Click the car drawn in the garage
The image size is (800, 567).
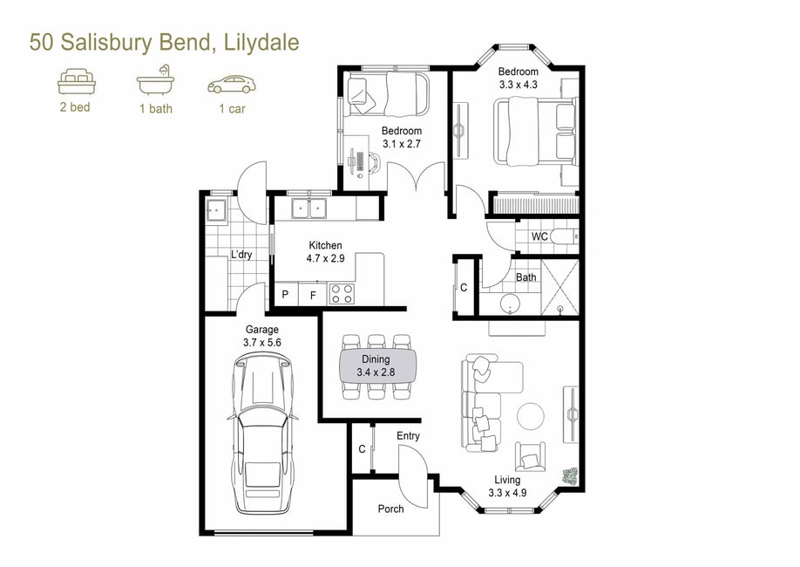262,434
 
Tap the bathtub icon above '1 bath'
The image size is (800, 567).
156,80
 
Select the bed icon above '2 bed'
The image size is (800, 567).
77,81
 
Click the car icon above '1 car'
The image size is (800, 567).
232,85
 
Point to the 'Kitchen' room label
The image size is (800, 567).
326,245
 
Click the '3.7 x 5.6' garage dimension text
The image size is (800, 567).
262,343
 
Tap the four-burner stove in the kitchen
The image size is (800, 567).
342,294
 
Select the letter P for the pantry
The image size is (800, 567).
285,294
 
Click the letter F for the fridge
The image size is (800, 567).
313,295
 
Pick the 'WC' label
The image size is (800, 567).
539,236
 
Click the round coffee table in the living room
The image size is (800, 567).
531,416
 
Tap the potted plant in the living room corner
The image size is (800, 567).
570,475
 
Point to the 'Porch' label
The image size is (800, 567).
390,509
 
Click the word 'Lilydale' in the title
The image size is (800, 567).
261,43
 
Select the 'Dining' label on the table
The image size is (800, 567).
376,359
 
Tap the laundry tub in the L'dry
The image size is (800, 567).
216,210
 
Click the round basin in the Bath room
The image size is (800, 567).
509,304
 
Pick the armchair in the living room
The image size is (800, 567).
530,457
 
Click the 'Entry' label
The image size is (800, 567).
408,436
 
